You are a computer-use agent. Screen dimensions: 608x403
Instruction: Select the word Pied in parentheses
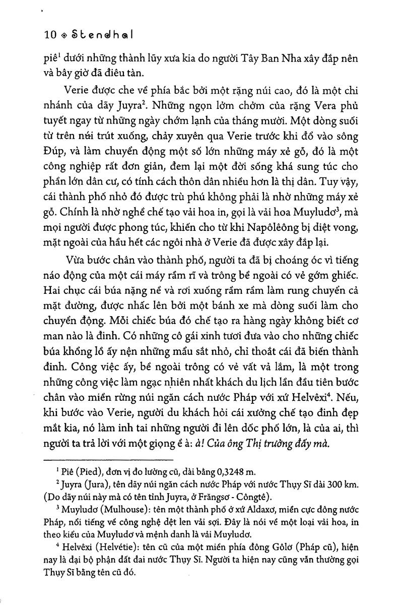(93, 472)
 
